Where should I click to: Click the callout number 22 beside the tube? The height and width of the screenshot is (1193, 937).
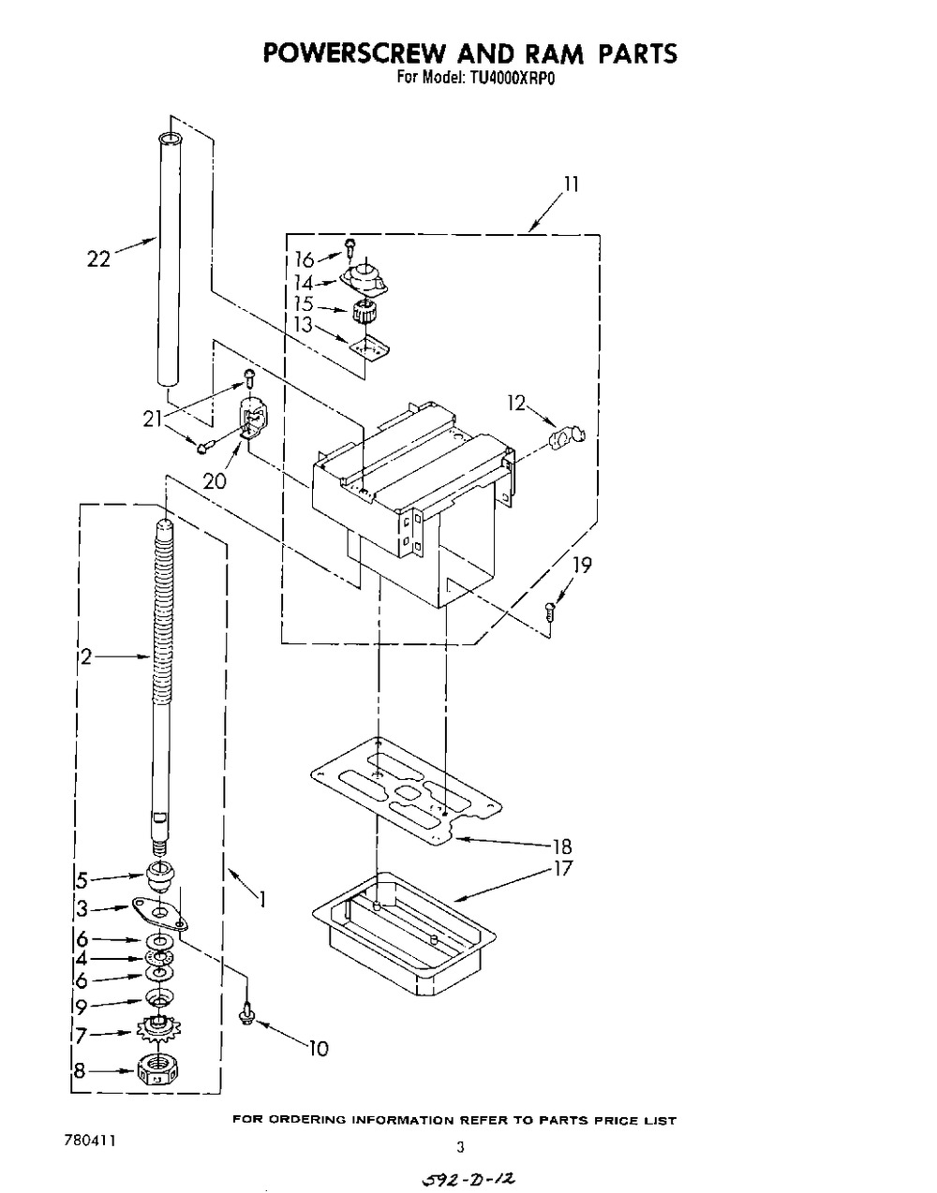(x=99, y=258)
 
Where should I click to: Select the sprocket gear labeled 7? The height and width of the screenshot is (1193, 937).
(x=159, y=1029)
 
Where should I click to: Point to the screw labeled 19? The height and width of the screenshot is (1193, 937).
(x=550, y=610)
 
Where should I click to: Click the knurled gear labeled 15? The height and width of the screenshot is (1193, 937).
(x=364, y=314)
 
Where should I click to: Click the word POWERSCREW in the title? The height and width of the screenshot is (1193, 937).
(x=353, y=52)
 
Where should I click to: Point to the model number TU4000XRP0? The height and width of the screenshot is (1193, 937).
(x=512, y=79)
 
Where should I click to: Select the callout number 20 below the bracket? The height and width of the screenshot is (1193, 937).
(x=215, y=481)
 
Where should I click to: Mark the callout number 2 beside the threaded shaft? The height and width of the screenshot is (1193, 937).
(x=85, y=656)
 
